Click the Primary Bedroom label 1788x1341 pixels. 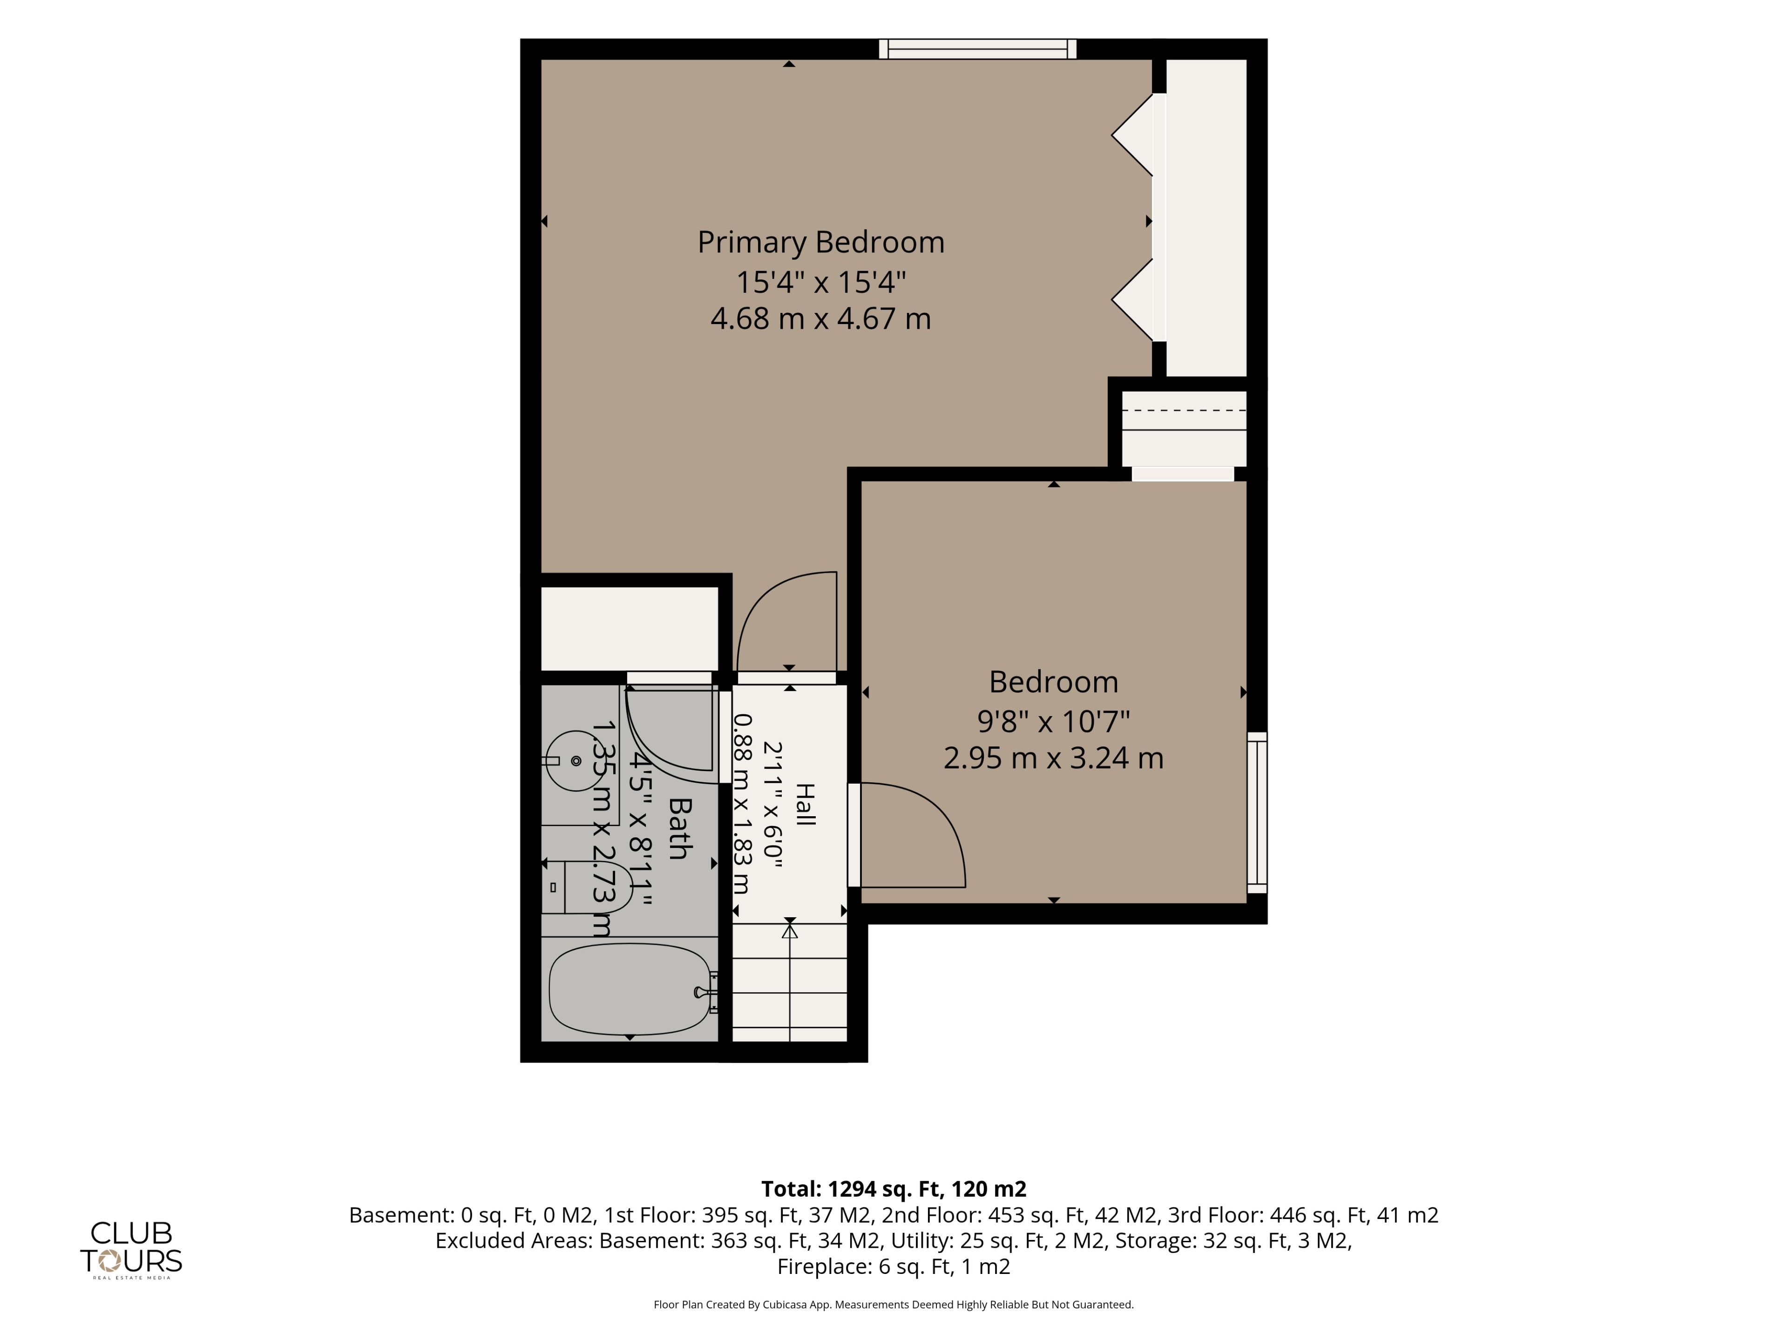pyautogui.click(x=820, y=243)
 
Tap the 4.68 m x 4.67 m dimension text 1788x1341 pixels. pyautogui.click(x=820, y=318)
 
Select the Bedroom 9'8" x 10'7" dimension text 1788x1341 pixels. pyautogui.click(x=1053, y=720)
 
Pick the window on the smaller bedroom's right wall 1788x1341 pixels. pyautogui.click(x=1257, y=813)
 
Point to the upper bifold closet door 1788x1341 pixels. pyautogui.click(x=1132, y=135)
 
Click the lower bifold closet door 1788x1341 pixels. pyautogui.click(x=1132, y=300)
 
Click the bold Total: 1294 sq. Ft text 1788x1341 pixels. pyautogui.click(x=853, y=1189)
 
